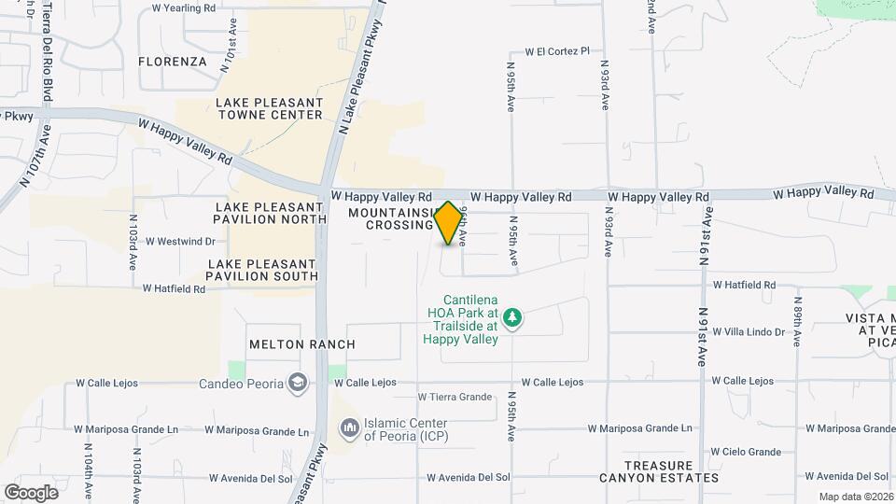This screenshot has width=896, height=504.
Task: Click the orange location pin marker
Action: pos(449,223)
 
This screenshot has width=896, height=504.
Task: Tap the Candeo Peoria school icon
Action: pos(297,383)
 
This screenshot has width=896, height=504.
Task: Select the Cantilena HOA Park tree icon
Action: pos(511,319)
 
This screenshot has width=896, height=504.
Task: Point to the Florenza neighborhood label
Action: pos(172,62)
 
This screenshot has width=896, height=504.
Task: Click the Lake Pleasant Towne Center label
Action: pos(269,108)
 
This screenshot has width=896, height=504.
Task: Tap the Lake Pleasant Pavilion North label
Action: pos(271,213)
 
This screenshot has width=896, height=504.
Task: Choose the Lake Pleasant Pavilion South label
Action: pos(263,270)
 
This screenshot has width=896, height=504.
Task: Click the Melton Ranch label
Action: pos(302,344)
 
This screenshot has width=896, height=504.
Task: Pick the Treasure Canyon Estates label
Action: pos(672,471)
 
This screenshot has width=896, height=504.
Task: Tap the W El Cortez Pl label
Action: pos(558,51)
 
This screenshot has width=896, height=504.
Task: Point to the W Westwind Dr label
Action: pos(180,241)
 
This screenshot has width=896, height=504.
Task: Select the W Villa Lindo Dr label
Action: pos(749,331)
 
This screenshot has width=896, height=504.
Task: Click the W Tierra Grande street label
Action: pos(455,397)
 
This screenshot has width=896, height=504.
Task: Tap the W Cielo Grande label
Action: pos(744,452)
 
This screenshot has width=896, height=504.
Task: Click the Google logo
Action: pos(31,492)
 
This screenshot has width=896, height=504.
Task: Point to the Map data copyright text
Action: pos(856,497)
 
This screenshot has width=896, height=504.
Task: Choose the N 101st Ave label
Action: pos(227,46)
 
